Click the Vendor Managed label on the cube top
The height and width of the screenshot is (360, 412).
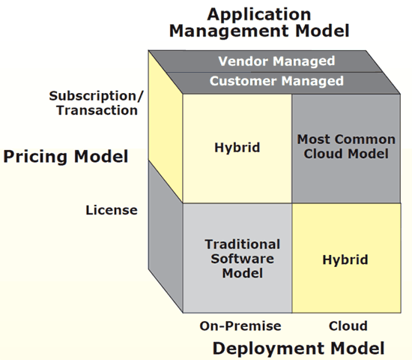tap(276, 61)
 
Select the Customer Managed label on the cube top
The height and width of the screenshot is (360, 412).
tap(276, 81)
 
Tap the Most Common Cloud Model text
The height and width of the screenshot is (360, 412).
tap(346, 146)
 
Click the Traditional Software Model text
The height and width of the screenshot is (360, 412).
tap(243, 259)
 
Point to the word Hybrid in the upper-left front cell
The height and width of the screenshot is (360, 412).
tap(237, 147)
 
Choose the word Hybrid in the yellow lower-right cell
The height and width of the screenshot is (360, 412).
tap(345, 259)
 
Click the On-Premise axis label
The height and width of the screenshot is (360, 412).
tap(240, 326)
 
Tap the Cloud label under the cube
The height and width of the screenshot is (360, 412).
tap(348, 326)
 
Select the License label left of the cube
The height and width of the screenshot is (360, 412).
tap(112, 210)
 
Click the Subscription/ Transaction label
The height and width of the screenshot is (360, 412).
tap(97, 103)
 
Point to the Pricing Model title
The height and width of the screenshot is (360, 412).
tap(66, 157)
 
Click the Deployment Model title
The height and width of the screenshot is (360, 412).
tap(298, 349)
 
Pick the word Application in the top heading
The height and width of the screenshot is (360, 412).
tap(259, 14)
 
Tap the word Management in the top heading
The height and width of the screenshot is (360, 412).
tap(230, 31)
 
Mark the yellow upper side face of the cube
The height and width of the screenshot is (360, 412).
tap(166, 126)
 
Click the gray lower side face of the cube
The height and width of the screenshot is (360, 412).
tap(166, 236)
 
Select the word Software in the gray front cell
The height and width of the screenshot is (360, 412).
tap(243, 259)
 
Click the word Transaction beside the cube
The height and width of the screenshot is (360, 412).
tap(97, 110)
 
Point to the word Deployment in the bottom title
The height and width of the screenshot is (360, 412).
tap(269, 349)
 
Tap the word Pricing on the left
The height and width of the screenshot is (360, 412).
tap(35, 157)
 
